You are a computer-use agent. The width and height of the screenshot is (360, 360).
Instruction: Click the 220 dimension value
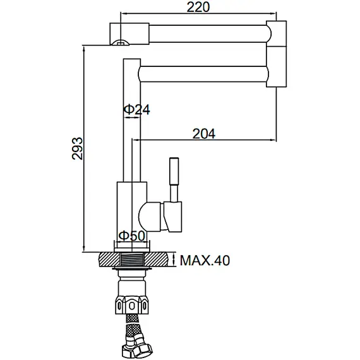198,7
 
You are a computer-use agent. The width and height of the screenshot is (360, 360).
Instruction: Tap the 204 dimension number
204,134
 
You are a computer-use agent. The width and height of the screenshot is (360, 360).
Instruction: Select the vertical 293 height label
77,148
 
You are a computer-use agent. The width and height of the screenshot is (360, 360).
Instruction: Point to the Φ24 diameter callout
137,109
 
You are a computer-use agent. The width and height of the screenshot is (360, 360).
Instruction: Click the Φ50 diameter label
132,236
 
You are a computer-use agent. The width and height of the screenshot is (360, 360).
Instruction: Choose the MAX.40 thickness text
205,260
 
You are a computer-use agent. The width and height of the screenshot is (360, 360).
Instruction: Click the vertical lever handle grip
174,171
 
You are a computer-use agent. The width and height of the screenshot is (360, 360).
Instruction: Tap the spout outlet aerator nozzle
120,43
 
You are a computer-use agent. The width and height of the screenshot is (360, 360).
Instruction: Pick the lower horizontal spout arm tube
203,74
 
